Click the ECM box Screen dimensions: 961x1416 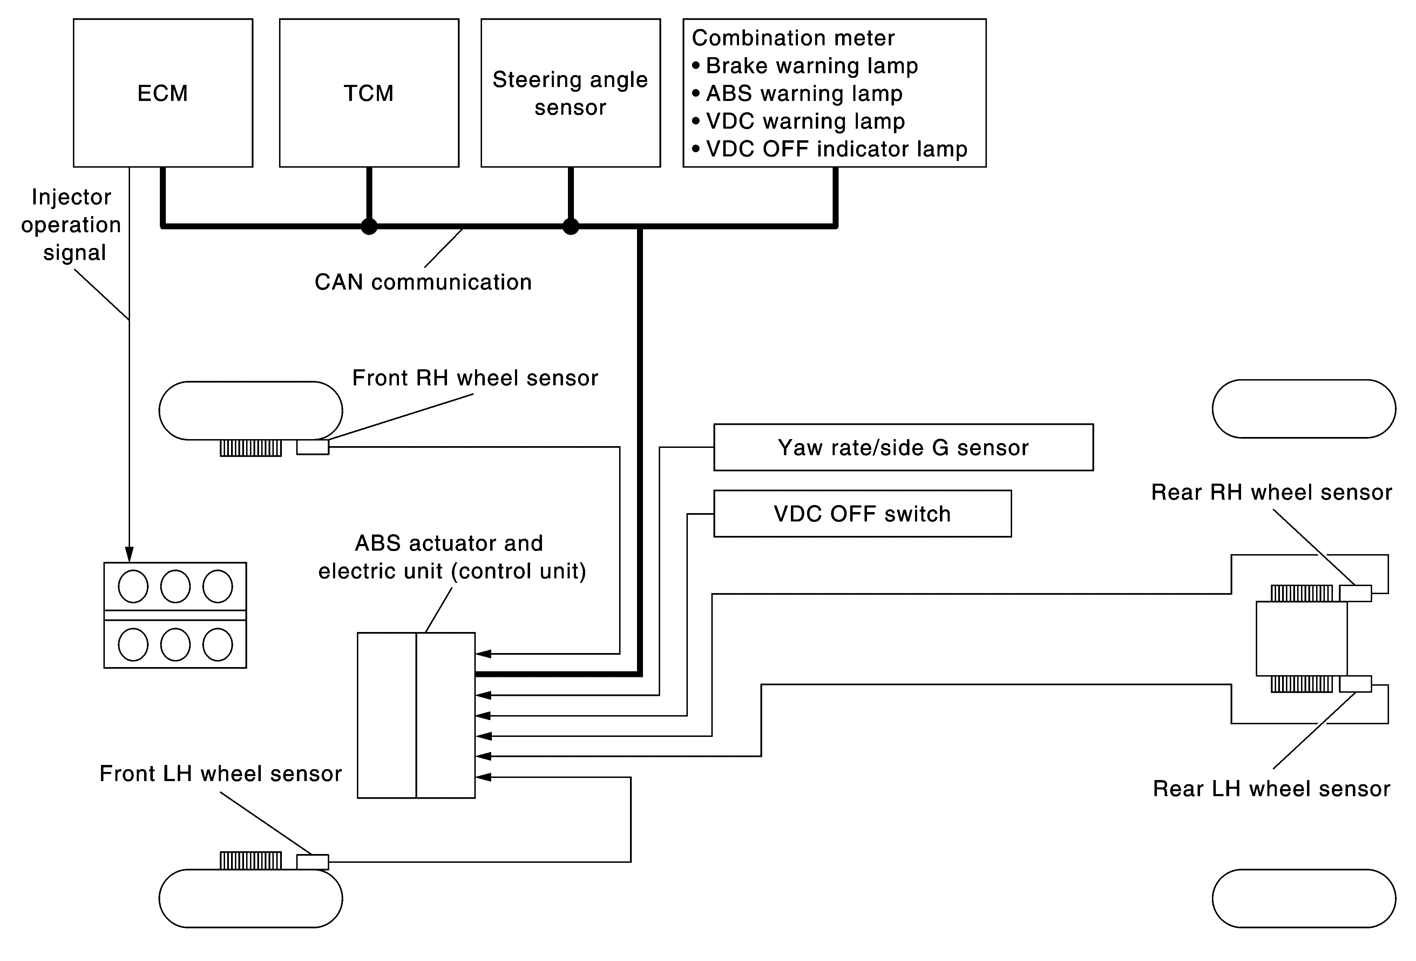[x=163, y=93]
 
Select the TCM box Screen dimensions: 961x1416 [x=368, y=93]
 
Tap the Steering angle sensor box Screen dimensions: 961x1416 [x=570, y=93]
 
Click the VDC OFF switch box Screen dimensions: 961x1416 [x=862, y=514]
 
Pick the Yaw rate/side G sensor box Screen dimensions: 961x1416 [x=903, y=447]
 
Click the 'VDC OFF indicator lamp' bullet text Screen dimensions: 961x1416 [x=836, y=149]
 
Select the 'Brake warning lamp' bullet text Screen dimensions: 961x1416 [x=812, y=66]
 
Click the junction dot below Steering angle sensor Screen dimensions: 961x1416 [x=570, y=227]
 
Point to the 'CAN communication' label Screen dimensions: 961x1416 [x=423, y=282]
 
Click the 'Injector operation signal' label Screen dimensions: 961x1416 [x=71, y=225]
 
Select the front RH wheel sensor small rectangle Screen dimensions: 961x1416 [x=313, y=447]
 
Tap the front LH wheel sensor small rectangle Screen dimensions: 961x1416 [x=313, y=862]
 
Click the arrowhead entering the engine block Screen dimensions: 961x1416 [x=129, y=555]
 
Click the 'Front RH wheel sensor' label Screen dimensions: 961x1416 [x=475, y=378]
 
